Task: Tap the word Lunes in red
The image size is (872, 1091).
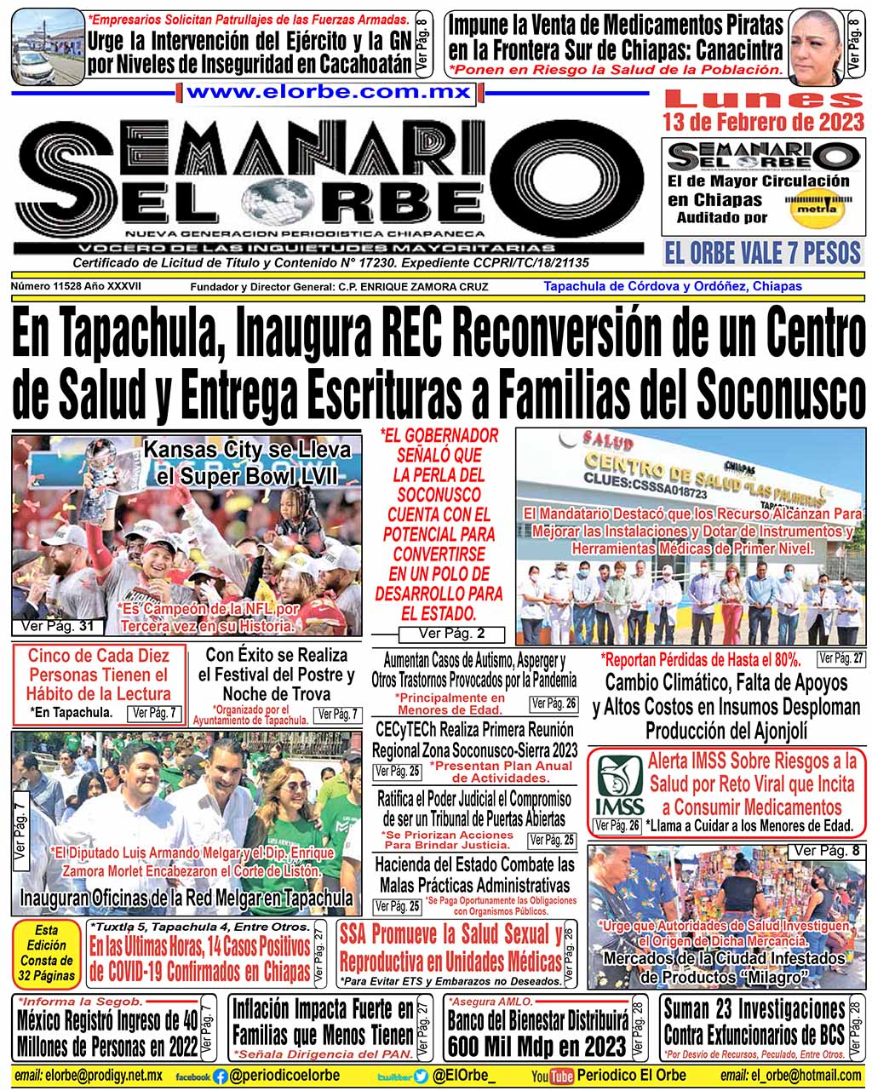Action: (763, 99)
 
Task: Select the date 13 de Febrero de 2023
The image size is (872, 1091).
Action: (763, 122)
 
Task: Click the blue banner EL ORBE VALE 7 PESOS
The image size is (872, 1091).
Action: (763, 253)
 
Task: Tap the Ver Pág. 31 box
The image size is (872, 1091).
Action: (58, 627)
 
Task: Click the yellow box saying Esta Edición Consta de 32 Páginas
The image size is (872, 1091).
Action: (46, 953)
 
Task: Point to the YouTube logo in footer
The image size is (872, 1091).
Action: (552, 1076)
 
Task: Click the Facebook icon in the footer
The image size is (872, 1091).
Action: (221, 1076)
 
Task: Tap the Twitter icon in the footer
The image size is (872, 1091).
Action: (421, 1076)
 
